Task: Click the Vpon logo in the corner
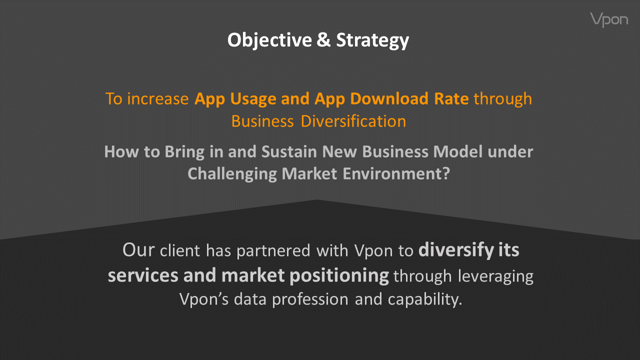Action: [x=609, y=19]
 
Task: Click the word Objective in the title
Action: [x=269, y=40]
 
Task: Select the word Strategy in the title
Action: [x=372, y=40]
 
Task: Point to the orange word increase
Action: [x=157, y=99]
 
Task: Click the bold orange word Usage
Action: [x=253, y=99]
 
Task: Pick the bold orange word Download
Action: [x=389, y=99]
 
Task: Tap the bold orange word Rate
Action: [x=451, y=99]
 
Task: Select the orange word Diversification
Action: [x=353, y=121]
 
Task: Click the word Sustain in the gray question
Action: [x=289, y=151]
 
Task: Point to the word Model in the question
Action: [x=457, y=151]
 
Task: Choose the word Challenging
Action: [x=232, y=174]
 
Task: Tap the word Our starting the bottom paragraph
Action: [x=138, y=250]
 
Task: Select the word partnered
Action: [x=273, y=251]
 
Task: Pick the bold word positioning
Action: [x=339, y=275]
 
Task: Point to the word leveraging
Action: [x=495, y=276]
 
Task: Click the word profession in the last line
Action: [x=310, y=300]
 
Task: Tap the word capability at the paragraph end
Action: [x=425, y=299]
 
